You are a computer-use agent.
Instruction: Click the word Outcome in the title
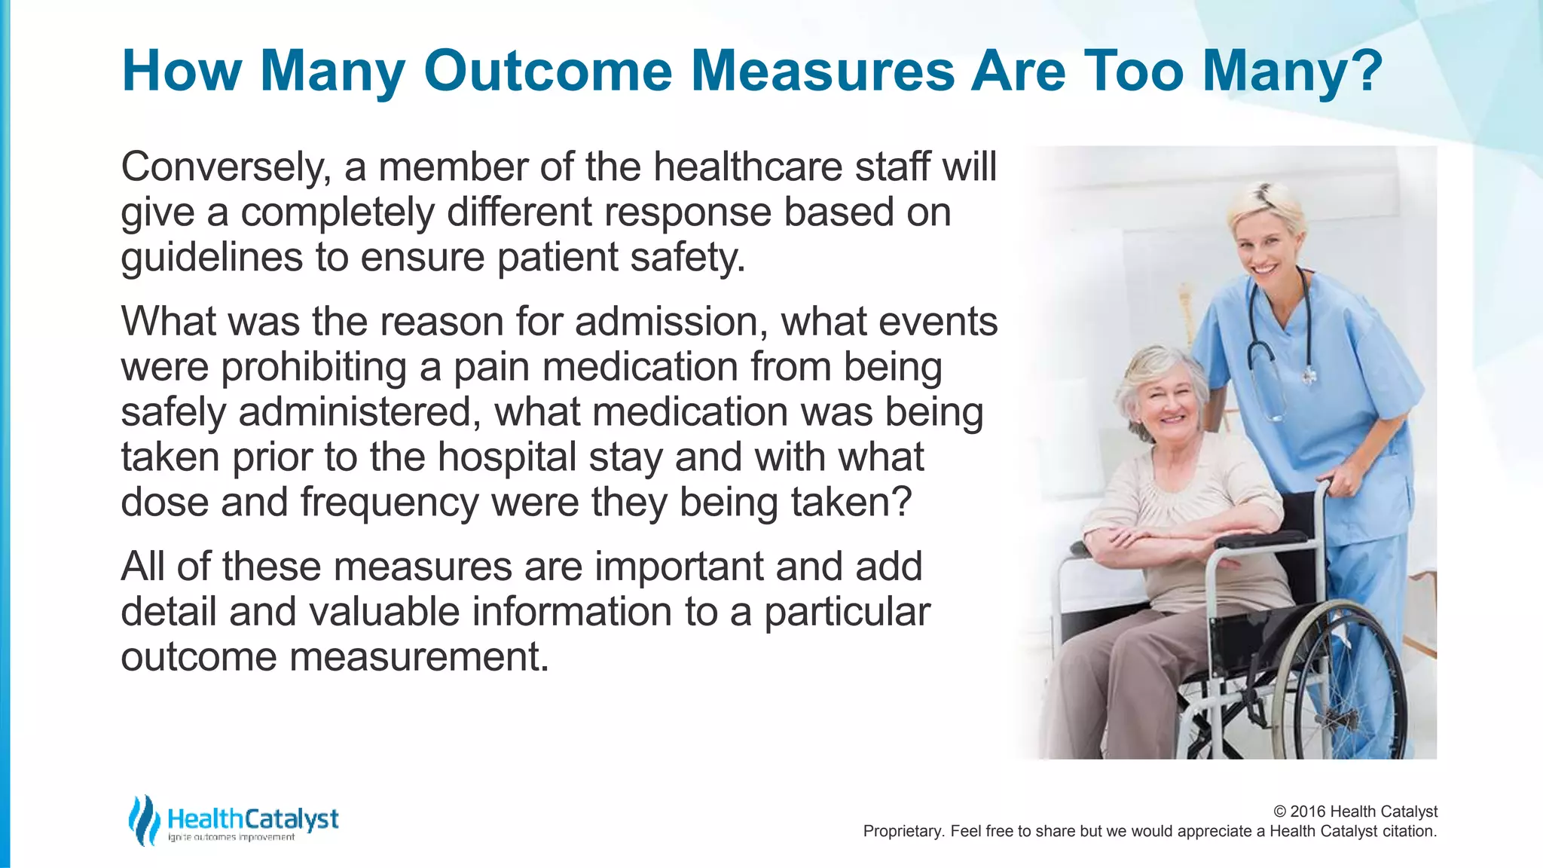(548, 71)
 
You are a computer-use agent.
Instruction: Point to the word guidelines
(211, 258)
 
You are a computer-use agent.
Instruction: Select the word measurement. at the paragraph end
(419, 657)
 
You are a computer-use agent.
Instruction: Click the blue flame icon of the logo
(143, 820)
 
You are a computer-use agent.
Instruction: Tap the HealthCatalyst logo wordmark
(252, 819)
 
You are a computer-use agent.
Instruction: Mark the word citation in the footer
(1409, 831)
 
